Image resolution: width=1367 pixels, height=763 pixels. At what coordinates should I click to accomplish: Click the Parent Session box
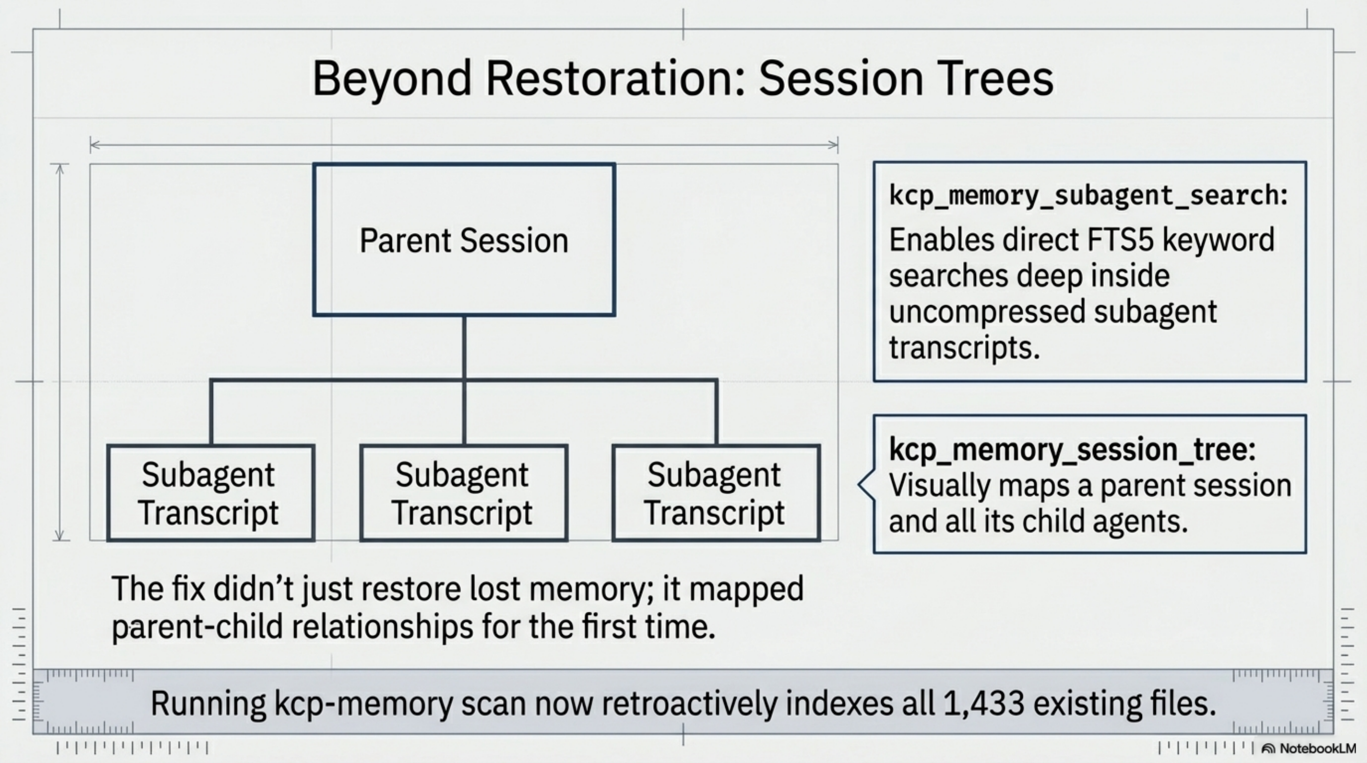[x=464, y=240]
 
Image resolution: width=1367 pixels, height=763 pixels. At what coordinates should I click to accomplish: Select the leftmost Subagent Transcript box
[x=210, y=493]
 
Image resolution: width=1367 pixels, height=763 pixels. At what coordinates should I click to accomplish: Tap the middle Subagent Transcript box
[x=463, y=493]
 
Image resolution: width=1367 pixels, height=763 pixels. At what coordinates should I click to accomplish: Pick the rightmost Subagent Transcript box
[x=716, y=493]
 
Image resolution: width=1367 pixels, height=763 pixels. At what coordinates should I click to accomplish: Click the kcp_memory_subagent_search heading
[x=1088, y=195]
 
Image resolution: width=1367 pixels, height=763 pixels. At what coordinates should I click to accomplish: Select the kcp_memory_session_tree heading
[x=1072, y=449]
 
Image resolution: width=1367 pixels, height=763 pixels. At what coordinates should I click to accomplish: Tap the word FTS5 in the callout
[x=1120, y=240]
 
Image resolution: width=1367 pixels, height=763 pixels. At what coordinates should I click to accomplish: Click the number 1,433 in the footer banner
[x=983, y=703]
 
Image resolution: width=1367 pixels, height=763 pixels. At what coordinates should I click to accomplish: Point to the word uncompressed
[x=987, y=311]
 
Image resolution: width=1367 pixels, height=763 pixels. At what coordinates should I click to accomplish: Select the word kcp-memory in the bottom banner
[x=363, y=703]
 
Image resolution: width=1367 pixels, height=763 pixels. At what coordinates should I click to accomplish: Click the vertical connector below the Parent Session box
[x=464, y=348]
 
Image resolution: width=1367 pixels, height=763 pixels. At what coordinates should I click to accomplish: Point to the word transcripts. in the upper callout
[x=964, y=348]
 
